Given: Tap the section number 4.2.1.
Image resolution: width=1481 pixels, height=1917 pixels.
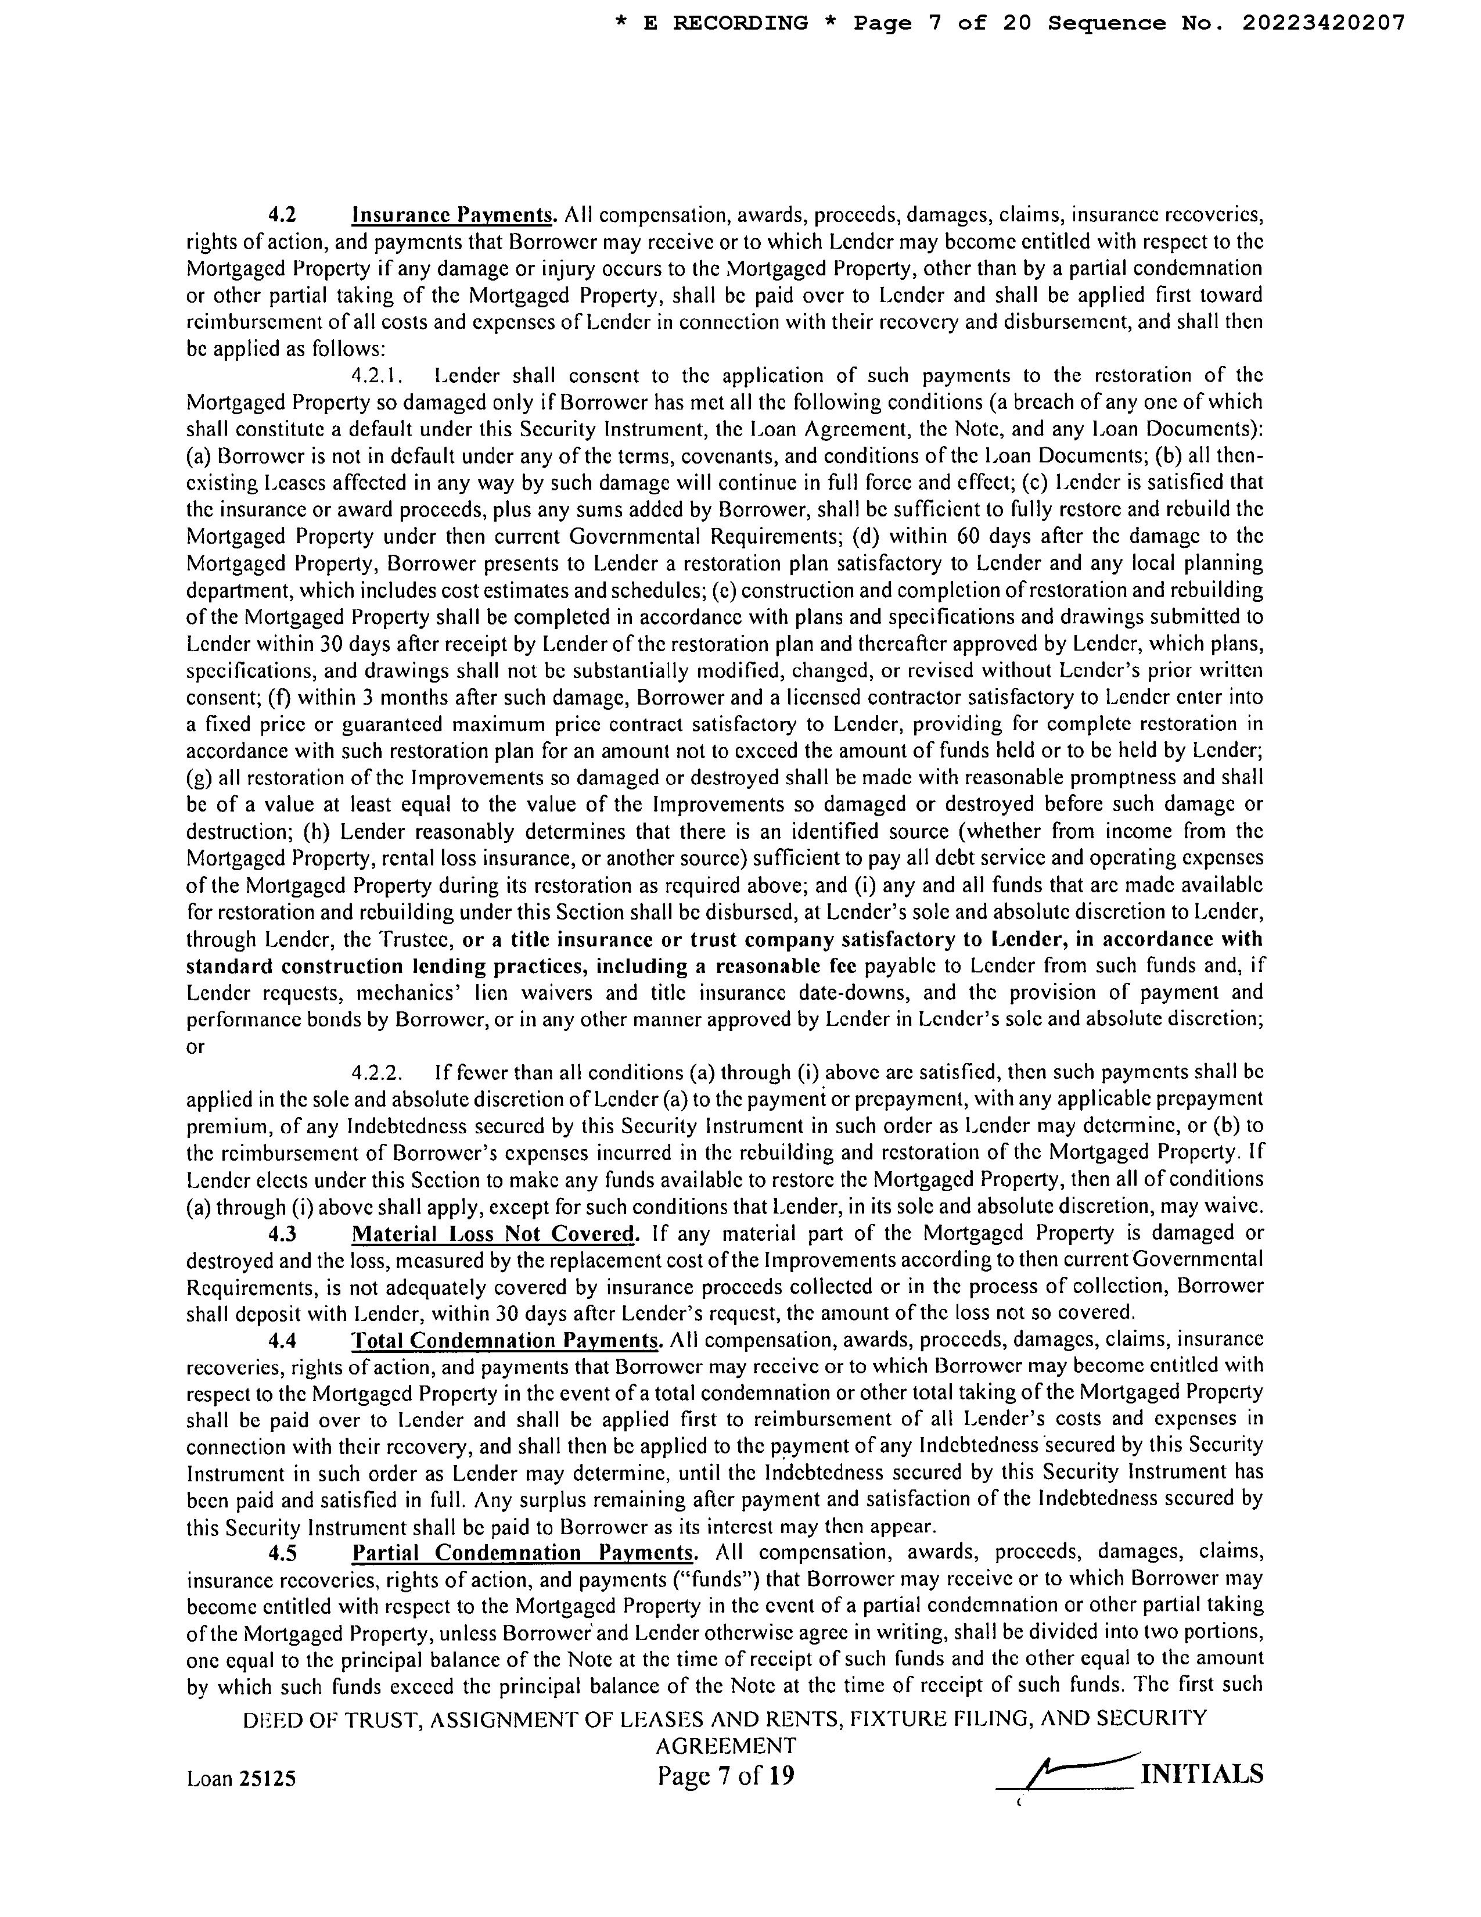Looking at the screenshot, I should pyautogui.click(x=376, y=376).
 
